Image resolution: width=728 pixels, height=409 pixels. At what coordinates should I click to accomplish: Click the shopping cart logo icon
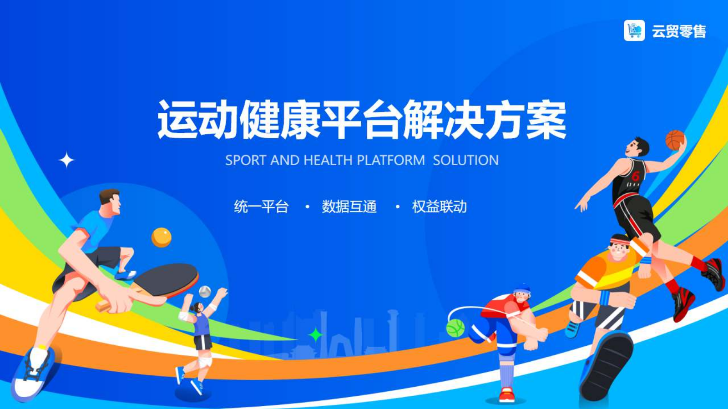click(634, 30)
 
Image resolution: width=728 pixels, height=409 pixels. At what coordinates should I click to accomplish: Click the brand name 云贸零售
click(679, 31)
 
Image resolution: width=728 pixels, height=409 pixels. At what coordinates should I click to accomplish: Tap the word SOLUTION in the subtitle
click(466, 160)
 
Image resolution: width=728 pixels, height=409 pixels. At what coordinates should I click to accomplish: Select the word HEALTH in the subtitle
click(328, 160)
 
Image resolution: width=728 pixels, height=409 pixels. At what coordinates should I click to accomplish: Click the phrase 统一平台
click(261, 207)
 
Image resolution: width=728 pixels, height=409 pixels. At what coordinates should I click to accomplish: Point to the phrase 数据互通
click(349, 207)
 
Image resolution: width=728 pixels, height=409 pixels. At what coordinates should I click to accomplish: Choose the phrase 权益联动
click(440, 207)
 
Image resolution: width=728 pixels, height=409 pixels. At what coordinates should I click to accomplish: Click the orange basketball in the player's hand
click(675, 140)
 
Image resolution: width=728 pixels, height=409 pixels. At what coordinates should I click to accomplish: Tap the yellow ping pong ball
click(161, 237)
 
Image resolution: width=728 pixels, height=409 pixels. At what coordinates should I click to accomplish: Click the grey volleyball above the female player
click(205, 292)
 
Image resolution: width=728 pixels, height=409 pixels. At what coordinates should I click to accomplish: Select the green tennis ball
click(455, 328)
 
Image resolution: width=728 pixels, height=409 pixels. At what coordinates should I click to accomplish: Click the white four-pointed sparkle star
click(66, 160)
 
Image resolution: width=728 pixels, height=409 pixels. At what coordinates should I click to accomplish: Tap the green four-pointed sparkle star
click(315, 335)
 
